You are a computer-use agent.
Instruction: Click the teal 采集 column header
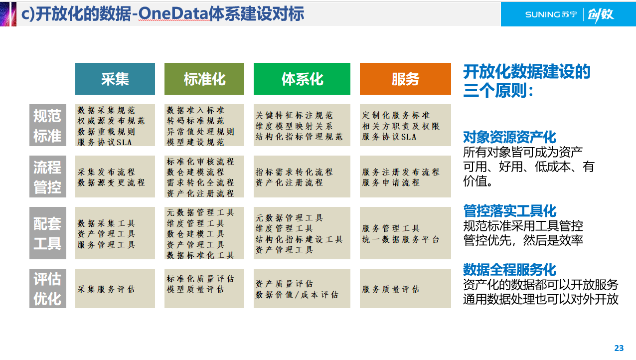115,79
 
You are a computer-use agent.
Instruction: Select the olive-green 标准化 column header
204,79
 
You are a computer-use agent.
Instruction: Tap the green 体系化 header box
302,79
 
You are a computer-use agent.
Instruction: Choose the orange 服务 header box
405,79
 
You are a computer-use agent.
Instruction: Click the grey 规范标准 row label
47,125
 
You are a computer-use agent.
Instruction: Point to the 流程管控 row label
47,177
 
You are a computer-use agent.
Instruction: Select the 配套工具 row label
47,233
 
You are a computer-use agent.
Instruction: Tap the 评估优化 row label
47,288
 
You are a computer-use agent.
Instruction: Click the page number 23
619,348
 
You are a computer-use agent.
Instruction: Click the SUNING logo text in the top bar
542,14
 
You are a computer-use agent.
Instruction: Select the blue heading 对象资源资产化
509,137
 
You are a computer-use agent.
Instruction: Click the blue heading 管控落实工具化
509,210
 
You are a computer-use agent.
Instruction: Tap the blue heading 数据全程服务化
509,269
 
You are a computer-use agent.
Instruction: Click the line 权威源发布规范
111,121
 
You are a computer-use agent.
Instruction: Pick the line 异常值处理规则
200,132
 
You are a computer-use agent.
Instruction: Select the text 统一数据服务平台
401,239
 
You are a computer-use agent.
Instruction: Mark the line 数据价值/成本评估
297,295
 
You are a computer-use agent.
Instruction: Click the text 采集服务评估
106,289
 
